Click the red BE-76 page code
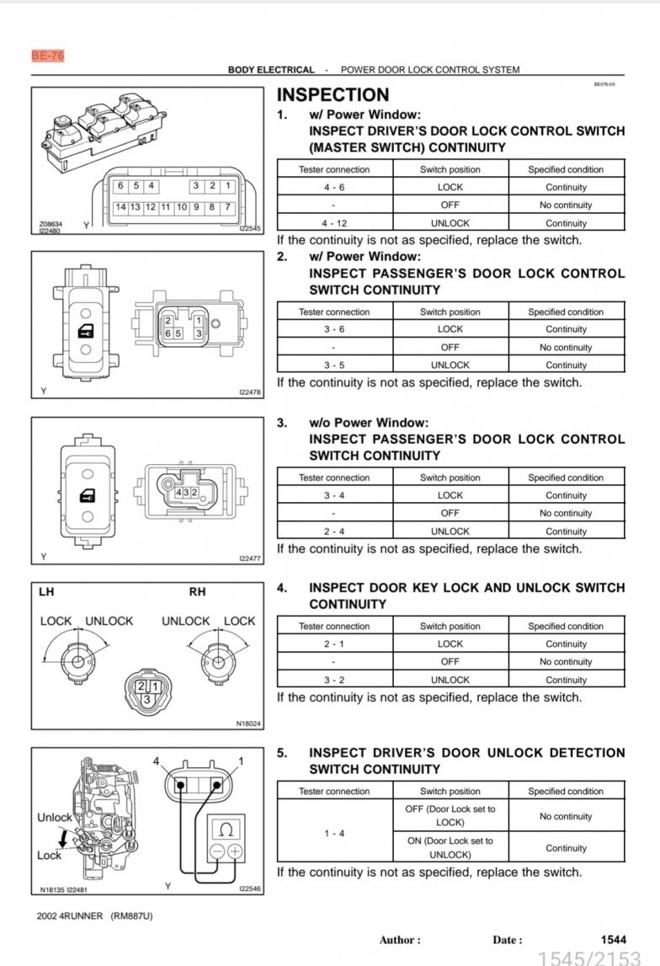click(x=47, y=56)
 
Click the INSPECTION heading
click(x=333, y=95)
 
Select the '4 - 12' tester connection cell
click(x=334, y=223)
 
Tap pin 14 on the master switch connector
click(x=120, y=207)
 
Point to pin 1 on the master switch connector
click(x=228, y=185)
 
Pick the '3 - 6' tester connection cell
click(x=334, y=329)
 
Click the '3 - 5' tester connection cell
click(x=334, y=365)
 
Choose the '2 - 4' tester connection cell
click(x=334, y=531)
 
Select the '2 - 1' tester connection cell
click(x=334, y=643)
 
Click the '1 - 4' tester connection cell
click(x=334, y=833)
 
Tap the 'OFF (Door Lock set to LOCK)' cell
click(x=450, y=816)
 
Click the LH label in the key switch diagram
click(x=46, y=592)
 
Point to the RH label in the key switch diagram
click(x=197, y=592)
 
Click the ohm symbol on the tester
click(x=226, y=830)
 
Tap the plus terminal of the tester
click(x=235, y=851)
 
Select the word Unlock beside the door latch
click(x=54, y=817)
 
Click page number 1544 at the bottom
click(x=613, y=940)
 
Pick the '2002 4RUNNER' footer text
click(x=70, y=916)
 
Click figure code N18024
click(x=248, y=724)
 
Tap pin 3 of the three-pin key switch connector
click(x=147, y=699)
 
